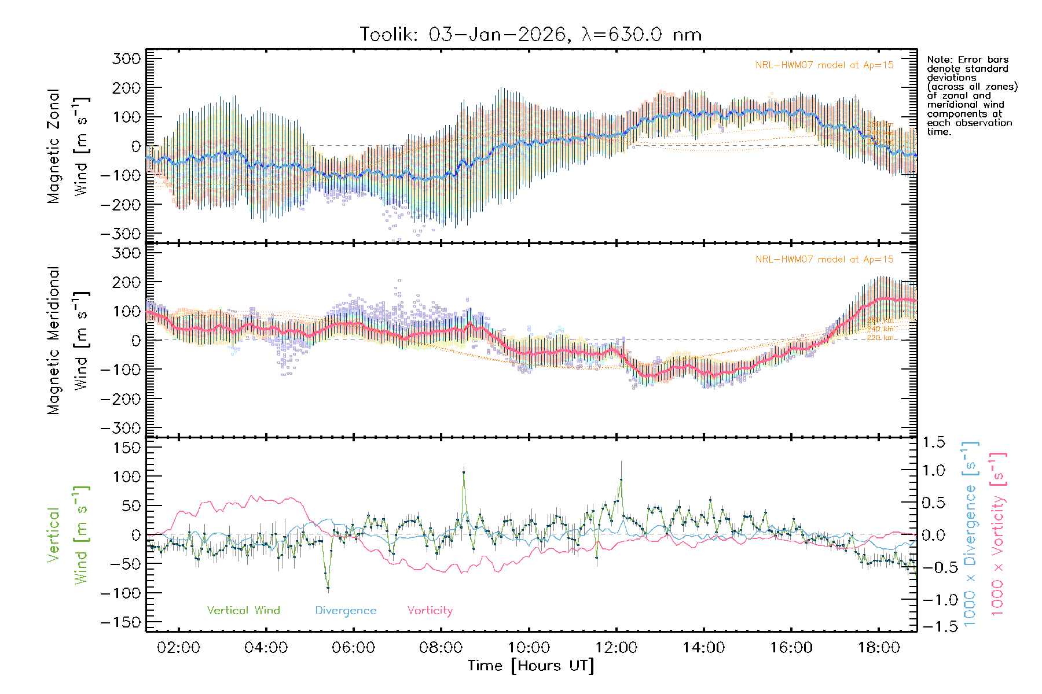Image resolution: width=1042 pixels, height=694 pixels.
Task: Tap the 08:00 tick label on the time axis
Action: [441, 648]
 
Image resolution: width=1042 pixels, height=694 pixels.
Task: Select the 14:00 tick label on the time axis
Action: [703, 648]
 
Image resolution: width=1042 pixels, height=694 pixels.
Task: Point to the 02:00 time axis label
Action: [178, 648]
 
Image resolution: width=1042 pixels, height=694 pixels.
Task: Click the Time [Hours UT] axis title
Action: [531, 666]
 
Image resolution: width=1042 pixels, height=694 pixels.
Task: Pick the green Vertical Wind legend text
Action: [243, 611]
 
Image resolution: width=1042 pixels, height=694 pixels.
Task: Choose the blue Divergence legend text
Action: [346, 611]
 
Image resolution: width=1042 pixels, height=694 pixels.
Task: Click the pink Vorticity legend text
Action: [430, 611]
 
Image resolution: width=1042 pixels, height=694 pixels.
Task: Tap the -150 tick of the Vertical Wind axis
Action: [120, 622]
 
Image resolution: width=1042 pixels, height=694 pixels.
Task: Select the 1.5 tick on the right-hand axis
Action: [934, 442]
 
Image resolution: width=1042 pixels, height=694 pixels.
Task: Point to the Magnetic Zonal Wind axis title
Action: [68, 146]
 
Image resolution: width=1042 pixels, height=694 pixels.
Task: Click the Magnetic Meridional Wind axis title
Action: [68, 340]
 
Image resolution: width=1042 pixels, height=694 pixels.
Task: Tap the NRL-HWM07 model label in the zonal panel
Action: [824, 65]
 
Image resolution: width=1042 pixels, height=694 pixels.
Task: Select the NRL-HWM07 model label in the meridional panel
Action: [824, 260]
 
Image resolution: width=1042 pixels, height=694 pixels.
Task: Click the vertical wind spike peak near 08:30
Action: [463, 472]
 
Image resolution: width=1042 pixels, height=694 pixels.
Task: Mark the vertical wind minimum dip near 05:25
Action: [328, 588]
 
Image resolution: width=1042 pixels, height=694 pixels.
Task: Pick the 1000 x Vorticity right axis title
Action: [997, 534]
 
